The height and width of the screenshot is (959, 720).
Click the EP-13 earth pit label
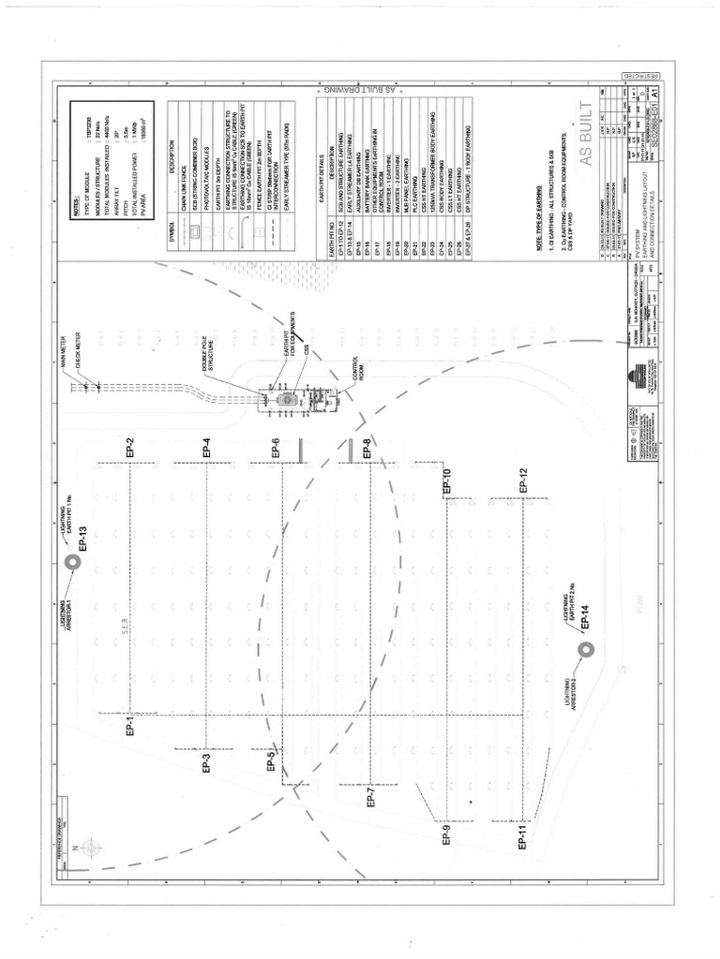[82, 542]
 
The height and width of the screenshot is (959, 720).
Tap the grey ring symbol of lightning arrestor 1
[71, 562]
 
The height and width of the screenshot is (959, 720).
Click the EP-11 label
[523, 831]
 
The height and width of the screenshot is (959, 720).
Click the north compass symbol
[91, 847]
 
